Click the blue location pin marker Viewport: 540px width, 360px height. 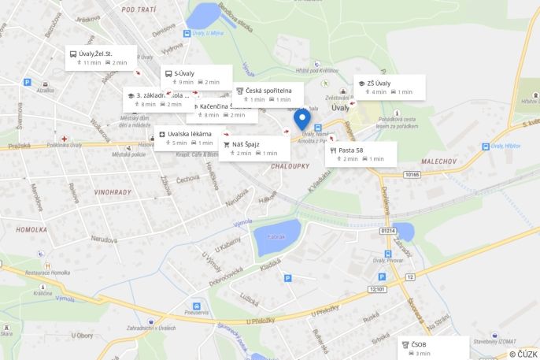tap(301, 120)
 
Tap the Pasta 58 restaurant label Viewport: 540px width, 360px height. tap(361, 154)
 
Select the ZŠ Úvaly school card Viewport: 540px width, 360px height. tap(390, 87)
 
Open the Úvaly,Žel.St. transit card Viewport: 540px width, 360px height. tap(101, 58)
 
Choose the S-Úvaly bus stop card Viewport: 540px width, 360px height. tap(197, 77)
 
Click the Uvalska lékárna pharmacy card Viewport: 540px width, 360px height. tap(189, 138)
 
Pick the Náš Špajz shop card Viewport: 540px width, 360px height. tap(255, 148)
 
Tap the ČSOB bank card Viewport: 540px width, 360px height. tap(434, 347)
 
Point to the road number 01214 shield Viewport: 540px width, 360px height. tap(388, 230)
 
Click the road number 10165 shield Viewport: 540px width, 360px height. tap(412, 174)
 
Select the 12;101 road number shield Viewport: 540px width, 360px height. tap(378, 289)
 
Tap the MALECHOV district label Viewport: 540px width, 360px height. tap(439, 161)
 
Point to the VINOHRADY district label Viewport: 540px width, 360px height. tap(113, 191)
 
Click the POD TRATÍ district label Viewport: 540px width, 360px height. tap(139, 9)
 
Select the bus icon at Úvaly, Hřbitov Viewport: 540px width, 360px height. tap(486, 147)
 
